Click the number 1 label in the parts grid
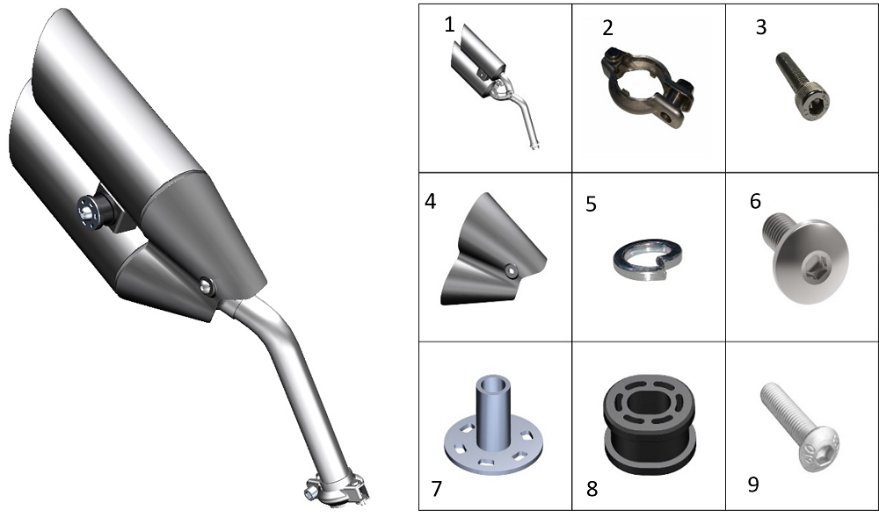(x=449, y=25)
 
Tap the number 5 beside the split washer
(x=591, y=205)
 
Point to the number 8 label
(x=592, y=489)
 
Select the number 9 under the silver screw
(x=754, y=485)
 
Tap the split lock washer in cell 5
(x=648, y=259)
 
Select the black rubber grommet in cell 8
(x=649, y=425)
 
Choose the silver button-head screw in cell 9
(x=801, y=425)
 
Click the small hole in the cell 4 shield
(x=510, y=270)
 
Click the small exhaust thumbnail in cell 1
(x=493, y=86)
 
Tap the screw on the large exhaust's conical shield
(x=208, y=286)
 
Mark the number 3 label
(x=760, y=26)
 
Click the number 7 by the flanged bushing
(x=437, y=488)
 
